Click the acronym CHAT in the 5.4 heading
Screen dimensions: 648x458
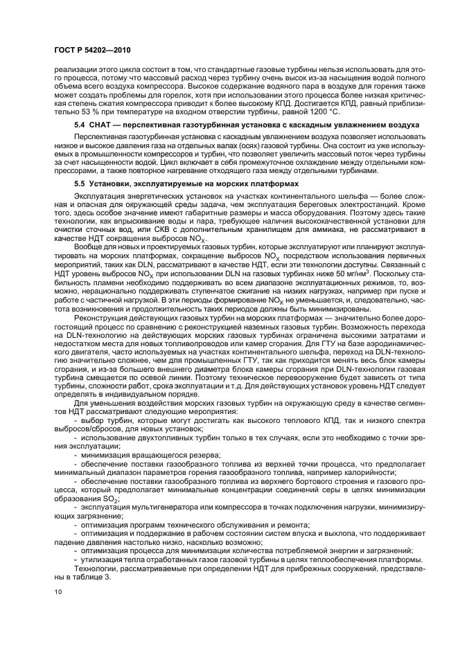(x=103, y=125)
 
